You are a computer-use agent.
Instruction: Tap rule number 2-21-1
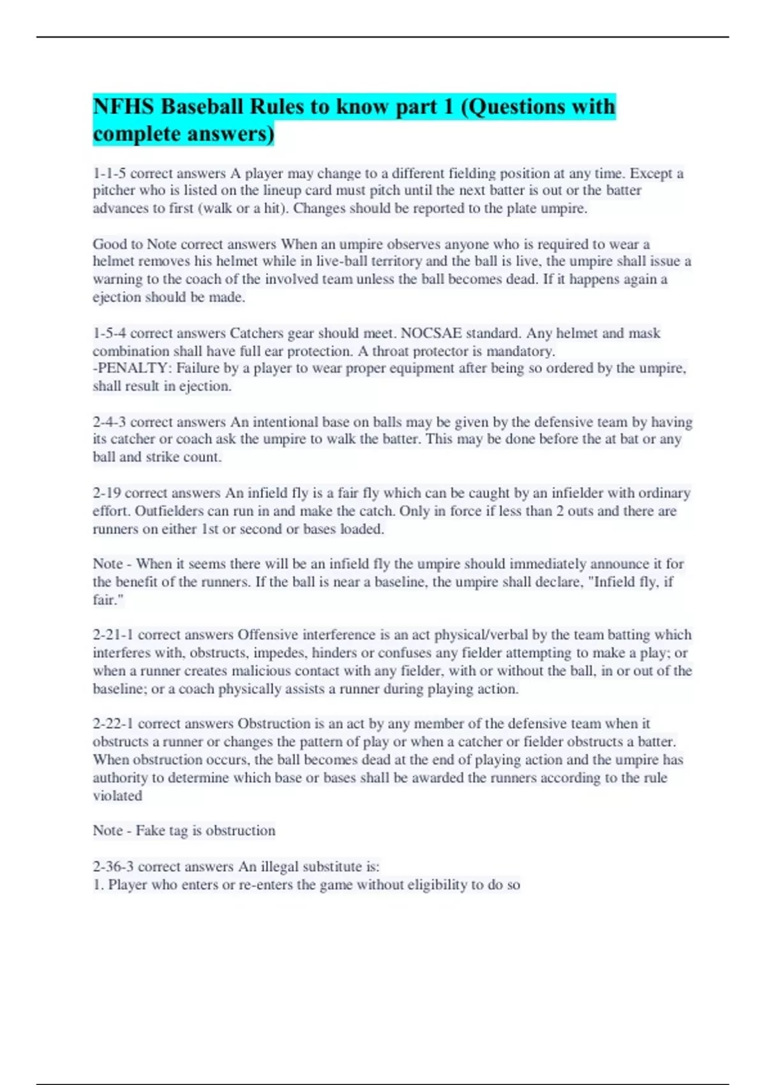(x=113, y=634)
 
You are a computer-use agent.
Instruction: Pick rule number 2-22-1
(x=113, y=723)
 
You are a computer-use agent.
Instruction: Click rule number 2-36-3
(x=113, y=866)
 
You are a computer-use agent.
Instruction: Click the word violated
(x=117, y=795)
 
